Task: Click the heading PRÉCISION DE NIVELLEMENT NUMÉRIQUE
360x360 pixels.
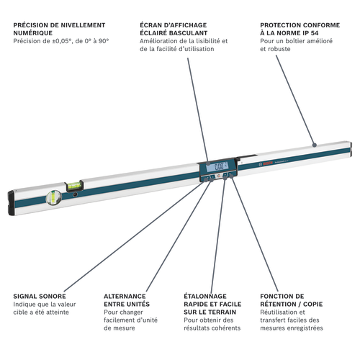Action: tap(59, 29)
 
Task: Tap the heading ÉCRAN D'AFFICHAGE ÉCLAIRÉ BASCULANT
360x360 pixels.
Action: tap(175, 29)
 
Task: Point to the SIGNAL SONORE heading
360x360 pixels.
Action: tap(40, 296)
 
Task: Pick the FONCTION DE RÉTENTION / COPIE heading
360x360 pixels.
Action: tap(292, 300)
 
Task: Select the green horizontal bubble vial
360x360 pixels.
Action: tap(73, 186)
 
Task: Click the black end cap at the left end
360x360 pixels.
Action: tap(12, 202)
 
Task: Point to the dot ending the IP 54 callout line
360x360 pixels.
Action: tap(314, 144)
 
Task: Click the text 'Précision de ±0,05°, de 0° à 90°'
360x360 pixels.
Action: tap(61, 41)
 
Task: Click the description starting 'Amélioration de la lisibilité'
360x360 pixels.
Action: tap(184, 45)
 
